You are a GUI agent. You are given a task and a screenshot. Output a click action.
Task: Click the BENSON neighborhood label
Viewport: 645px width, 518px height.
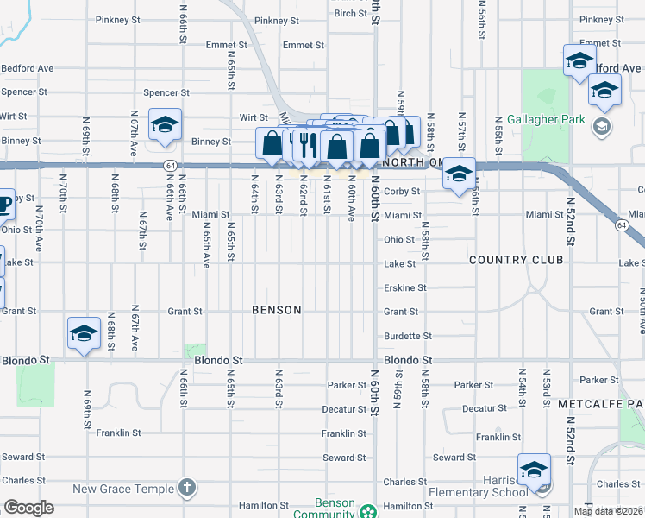pyautogui.click(x=277, y=310)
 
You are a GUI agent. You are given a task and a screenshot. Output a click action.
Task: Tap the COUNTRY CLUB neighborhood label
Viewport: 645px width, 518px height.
pyautogui.click(x=516, y=260)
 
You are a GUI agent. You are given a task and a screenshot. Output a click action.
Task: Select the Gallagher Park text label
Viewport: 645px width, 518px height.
pyautogui.click(x=546, y=120)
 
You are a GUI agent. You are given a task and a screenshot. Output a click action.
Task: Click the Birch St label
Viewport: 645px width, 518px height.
pyautogui.click(x=351, y=13)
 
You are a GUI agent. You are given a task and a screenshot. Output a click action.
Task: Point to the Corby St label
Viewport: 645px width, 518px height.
pyautogui.click(x=402, y=192)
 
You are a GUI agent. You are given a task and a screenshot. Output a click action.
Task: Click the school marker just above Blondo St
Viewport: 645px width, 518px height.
pyautogui.click(x=84, y=333)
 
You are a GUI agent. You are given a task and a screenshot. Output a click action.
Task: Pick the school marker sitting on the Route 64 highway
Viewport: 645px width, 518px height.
pyautogui.click(x=459, y=174)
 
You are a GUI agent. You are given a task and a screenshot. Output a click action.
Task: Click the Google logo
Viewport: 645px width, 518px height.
pyautogui.click(x=28, y=509)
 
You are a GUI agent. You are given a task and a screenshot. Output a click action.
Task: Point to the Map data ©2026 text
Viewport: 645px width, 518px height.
pyautogui.click(x=608, y=511)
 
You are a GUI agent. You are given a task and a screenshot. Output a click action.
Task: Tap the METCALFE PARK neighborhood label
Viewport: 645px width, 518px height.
pyautogui.click(x=600, y=404)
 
